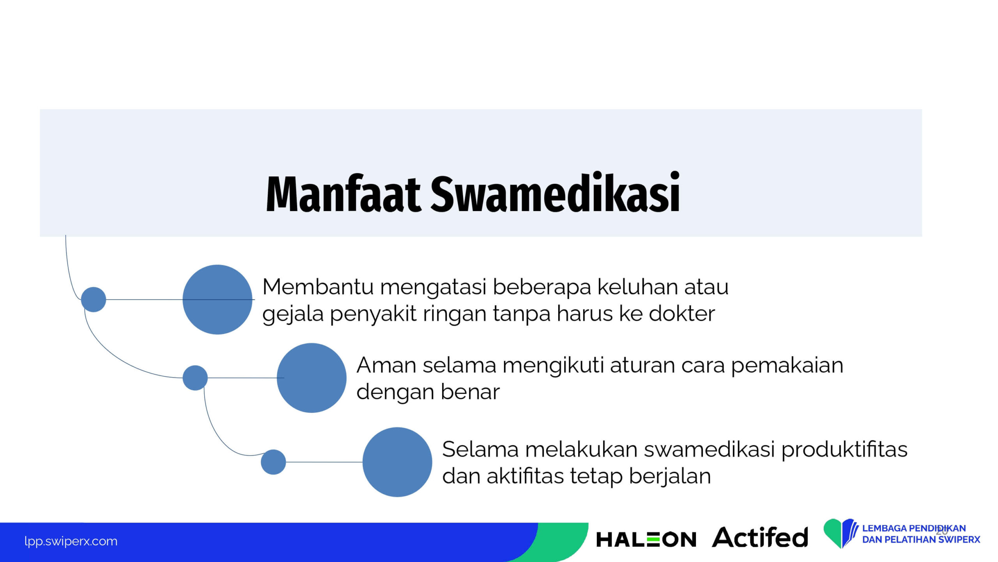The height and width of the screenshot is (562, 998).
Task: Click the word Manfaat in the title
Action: [x=343, y=194]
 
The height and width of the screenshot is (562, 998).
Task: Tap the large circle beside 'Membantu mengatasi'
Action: [x=218, y=299]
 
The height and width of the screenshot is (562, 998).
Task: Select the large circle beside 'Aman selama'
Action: [x=311, y=378]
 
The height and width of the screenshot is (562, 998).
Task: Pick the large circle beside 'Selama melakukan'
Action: [x=397, y=462]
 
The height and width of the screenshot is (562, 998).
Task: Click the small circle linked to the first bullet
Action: [x=94, y=299]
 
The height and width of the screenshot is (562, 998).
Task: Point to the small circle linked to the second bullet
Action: [x=195, y=378]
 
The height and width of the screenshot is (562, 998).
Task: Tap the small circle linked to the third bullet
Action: [x=273, y=462]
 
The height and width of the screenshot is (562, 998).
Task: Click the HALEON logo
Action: [x=646, y=539]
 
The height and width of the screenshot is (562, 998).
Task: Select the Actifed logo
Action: [x=760, y=537]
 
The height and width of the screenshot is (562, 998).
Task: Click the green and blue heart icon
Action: [x=841, y=533]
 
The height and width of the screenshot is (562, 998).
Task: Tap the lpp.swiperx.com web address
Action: [x=71, y=541]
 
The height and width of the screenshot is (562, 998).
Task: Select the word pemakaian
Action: [x=787, y=366]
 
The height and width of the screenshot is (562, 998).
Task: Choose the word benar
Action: [x=470, y=392]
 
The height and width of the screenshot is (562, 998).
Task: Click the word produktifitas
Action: [x=844, y=450]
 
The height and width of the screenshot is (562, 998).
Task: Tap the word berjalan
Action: [x=670, y=477]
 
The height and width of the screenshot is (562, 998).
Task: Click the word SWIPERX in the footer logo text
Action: [x=959, y=540]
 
